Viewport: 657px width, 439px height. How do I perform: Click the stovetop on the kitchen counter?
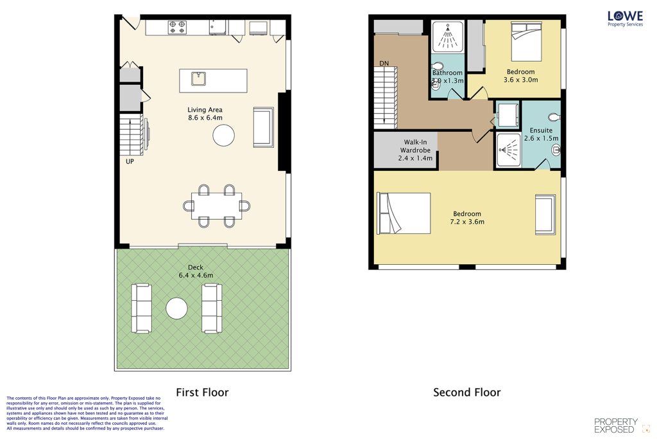pyautogui.click(x=177, y=27)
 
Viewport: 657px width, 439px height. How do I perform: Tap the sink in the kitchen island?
pyautogui.click(x=198, y=78)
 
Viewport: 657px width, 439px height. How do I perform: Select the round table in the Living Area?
pyautogui.click(x=223, y=135)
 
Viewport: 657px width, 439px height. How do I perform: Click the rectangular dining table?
pyautogui.click(x=217, y=206)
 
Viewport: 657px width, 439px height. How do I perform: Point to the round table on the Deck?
pyautogui.click(x=176, y=309)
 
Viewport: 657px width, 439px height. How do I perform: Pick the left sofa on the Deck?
pyautogui.click(x=141, y=309)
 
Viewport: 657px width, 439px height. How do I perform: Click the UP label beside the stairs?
pyautogui.click(x=130, y=161)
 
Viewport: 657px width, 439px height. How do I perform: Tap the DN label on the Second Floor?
pyautogui.click(x=384, y=64)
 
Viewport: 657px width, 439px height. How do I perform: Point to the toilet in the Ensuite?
pyautogui.click(x=554, y=117)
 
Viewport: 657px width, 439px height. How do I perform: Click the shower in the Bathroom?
pyautogui.click(x=448, y=37)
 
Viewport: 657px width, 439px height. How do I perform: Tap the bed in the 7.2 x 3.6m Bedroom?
pyautogui.click(x=404, y=213)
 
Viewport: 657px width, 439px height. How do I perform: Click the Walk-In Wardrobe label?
pyautogui.click(x=415, y=146)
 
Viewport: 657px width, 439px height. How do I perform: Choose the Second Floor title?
pyautogui.click(x=467, y=393)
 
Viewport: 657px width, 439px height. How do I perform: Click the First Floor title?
pyautogui.click(x=202, y=393)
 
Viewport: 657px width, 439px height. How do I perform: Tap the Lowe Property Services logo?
pyautogui.click(x=625, y=19)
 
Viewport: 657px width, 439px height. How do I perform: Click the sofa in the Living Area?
pyautogui.click(x=264, y=127)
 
